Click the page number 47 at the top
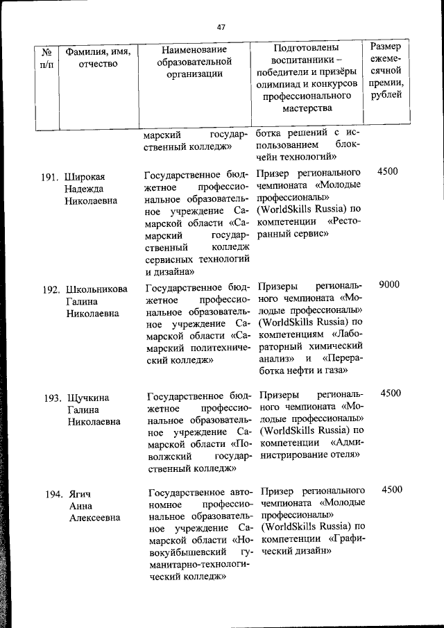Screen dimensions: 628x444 click(221, 28)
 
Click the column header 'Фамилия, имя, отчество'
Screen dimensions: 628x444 click(98, 58)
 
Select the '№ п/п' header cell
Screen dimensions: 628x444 click(48, 58)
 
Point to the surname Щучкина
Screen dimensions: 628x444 click(89, 398)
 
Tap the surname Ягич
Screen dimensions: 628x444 click(80, 494)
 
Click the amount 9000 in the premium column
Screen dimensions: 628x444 click(389, 285)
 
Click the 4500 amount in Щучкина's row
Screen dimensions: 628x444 click(391, 393)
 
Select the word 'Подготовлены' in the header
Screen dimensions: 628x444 click(306, 49)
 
